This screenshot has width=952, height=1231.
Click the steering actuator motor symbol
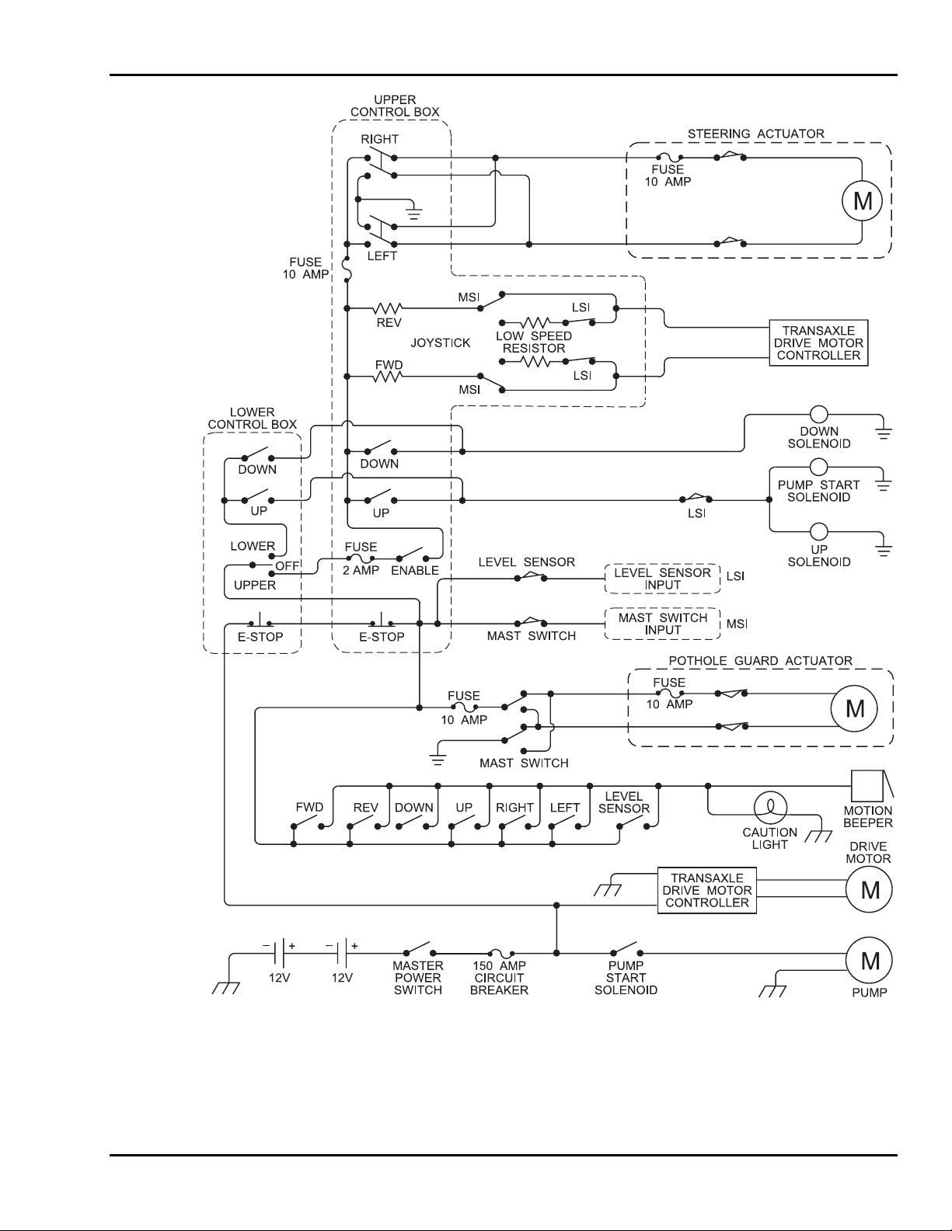point(863,202)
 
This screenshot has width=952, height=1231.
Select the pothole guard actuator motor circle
point(854,708)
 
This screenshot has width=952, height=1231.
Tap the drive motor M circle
point(870,891)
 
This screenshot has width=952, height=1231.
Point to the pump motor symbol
point(870,961)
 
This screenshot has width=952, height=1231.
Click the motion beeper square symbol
point(867,786)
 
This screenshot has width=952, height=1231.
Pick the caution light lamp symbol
point(770,808)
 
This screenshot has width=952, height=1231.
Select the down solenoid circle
point(818,414)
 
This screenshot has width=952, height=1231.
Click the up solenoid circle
point(818,532)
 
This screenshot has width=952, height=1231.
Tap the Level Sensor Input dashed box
point(662,579)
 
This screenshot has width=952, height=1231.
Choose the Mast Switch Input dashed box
point(662,624)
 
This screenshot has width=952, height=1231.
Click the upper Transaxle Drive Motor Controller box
point(818,343)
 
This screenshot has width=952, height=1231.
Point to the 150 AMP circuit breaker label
point(499,978)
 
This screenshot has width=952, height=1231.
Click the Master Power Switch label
point(418,978)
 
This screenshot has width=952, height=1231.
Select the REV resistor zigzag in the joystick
point(388,308)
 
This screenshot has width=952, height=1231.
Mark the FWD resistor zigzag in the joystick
point(388,377)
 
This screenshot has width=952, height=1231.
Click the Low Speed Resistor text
point(534,343)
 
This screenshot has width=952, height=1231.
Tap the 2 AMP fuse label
point(361,570)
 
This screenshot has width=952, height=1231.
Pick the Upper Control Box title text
point(395,106)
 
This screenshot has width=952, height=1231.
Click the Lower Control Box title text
point(252,419)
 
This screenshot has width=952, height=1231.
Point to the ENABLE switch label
point(414,570)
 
